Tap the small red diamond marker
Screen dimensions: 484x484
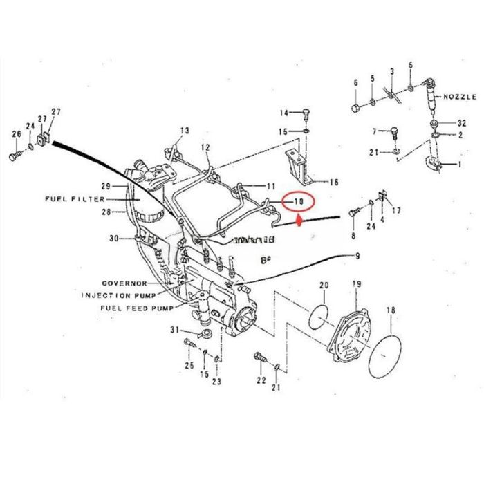coord(298,222)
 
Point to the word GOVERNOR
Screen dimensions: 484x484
coord(124,284)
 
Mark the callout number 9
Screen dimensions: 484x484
coord(358,257)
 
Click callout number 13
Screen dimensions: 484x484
coord(184,130)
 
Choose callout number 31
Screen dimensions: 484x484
coord(174,330)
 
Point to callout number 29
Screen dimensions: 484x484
coord(106,187)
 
